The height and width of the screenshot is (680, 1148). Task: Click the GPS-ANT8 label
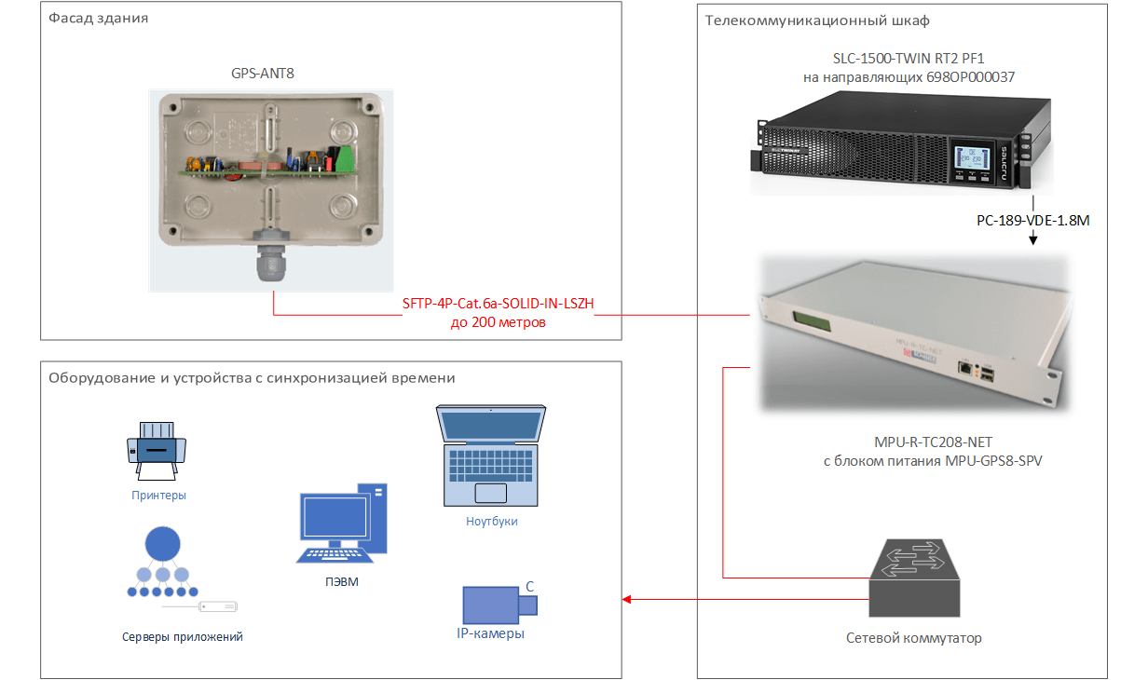pos(263,73)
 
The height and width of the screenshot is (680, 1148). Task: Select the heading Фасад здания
pos(100,19)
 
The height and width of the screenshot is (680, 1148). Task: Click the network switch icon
pos(912,581)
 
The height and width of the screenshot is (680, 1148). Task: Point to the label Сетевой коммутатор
pos(913,638)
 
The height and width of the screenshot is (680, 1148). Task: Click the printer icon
pos(157,444)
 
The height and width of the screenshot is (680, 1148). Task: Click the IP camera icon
pos(499,605)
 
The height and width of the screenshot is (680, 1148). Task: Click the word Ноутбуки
pos(491,522)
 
